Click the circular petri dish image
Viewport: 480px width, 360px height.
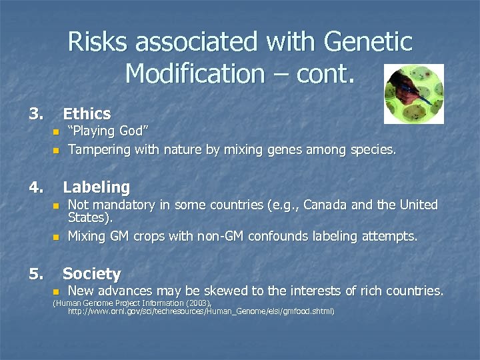click(x=413, y=94)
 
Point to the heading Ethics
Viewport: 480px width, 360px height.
click(x=87, y=114)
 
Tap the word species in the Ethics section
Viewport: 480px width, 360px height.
click(x=371, y=151)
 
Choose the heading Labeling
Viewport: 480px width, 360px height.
click(x=96, y=187)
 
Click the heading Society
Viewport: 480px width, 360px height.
click(x=91, y=273)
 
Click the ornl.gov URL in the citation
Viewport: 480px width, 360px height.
click(x=201, y=311)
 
